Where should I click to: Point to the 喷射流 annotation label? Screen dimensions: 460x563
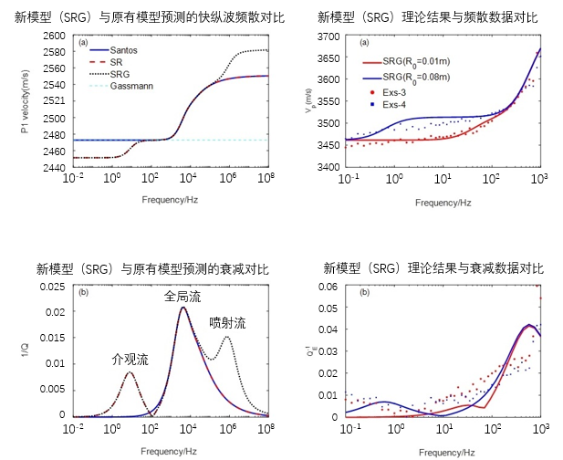click(227, 322)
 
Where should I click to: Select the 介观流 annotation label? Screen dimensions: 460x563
click(130, 359)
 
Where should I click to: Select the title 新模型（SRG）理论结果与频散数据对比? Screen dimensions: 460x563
click(430, 17)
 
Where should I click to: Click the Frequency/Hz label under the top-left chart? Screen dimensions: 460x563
click(170, 199)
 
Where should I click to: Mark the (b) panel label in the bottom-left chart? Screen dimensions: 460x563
click(83, 293)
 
